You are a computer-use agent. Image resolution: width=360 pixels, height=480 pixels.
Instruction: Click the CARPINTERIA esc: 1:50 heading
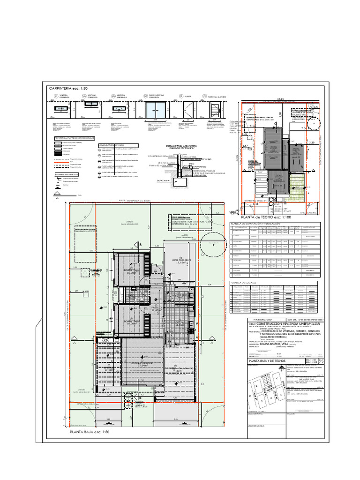tap(68, 88)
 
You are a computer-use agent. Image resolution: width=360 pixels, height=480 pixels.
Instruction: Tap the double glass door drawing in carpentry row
tap(155, 111)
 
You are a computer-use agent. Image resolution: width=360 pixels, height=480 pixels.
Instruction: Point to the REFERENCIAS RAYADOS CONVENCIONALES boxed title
tap(75, 138)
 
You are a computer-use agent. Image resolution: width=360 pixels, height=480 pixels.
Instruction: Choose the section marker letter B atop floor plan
tap(139, 245)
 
